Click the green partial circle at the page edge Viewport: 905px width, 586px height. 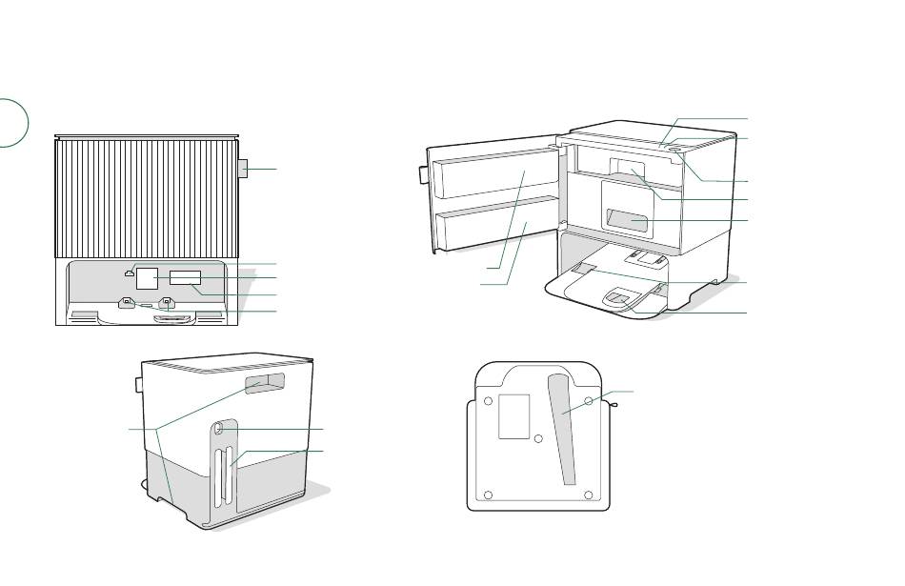(x=11, y=122)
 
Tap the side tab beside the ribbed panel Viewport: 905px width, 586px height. (x=243, y=169)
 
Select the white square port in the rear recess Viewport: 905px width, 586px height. (x=147, y=278)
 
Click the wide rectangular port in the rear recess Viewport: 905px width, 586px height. (x=186, y=277)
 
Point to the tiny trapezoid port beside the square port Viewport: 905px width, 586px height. (x=129, y=274)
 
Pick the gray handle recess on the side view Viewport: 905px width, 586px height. (x=265, y=384)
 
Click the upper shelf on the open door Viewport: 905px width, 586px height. (x=495, y=176)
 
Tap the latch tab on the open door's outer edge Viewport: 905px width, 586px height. (x=421, y=174)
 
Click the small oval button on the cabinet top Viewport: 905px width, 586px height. (x=674, y=149)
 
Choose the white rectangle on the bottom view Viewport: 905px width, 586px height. (x=513, y=415)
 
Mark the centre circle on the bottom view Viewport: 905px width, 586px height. (x=538, y=439)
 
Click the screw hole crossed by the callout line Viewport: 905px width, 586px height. (x=589, y=401)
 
